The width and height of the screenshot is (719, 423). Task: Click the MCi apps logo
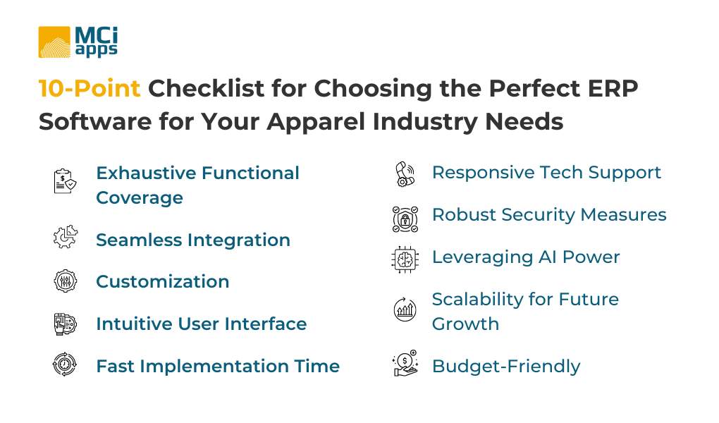pyautogui.click(x=78, y=42)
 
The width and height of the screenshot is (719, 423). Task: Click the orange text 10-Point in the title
pyautogui.click(x=89, y=89)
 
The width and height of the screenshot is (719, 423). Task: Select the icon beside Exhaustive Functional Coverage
pyautogui.click(x=65, y=180)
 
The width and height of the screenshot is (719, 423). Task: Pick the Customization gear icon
pyautogui.click(x=65, y=281)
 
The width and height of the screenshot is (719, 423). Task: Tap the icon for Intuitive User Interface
pyautogui.click(x=65, y=324)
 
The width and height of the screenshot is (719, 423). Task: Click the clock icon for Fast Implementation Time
pyautogui.click(x=65, y=365)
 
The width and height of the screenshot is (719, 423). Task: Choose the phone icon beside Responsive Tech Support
pyautogui.click(x=404, y=173)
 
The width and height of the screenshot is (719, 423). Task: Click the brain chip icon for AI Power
pyautogui.click(x=404, y=258)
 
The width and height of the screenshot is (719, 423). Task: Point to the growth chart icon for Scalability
pyautogui.click(x=404, y=309)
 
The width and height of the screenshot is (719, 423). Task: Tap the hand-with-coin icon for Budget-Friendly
pyautogui.click(x=404, y=364)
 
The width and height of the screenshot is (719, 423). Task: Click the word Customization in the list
pyautogui.click(x=162, y=282)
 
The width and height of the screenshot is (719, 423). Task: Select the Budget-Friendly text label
pyautogui.click(x=505, y=367)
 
